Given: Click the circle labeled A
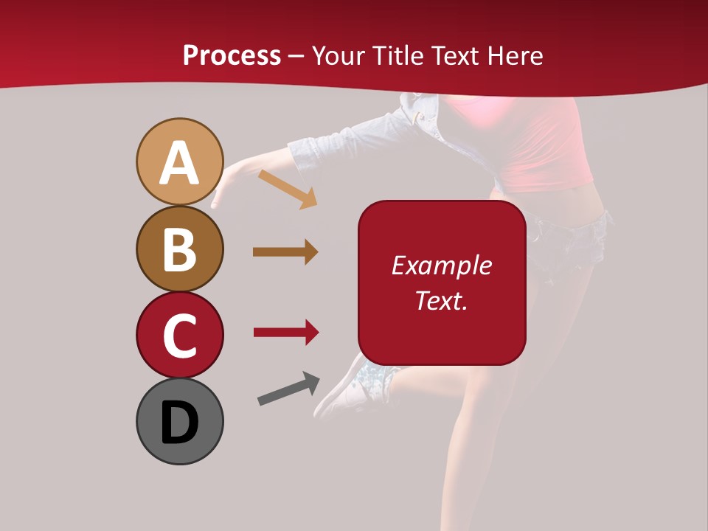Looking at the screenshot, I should [179, 162].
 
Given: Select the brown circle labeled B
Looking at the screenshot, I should [179, 249].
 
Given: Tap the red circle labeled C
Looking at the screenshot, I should [179, 335].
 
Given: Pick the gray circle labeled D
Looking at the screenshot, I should [179, 421].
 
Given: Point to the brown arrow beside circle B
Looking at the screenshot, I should [285, 252].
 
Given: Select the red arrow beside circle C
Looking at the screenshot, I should [285, 333].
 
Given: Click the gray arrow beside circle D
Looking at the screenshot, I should [288, 389].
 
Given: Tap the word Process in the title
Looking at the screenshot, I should [232, 56].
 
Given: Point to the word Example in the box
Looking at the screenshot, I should [441, 265].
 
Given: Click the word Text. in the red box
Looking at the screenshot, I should [441, 300].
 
